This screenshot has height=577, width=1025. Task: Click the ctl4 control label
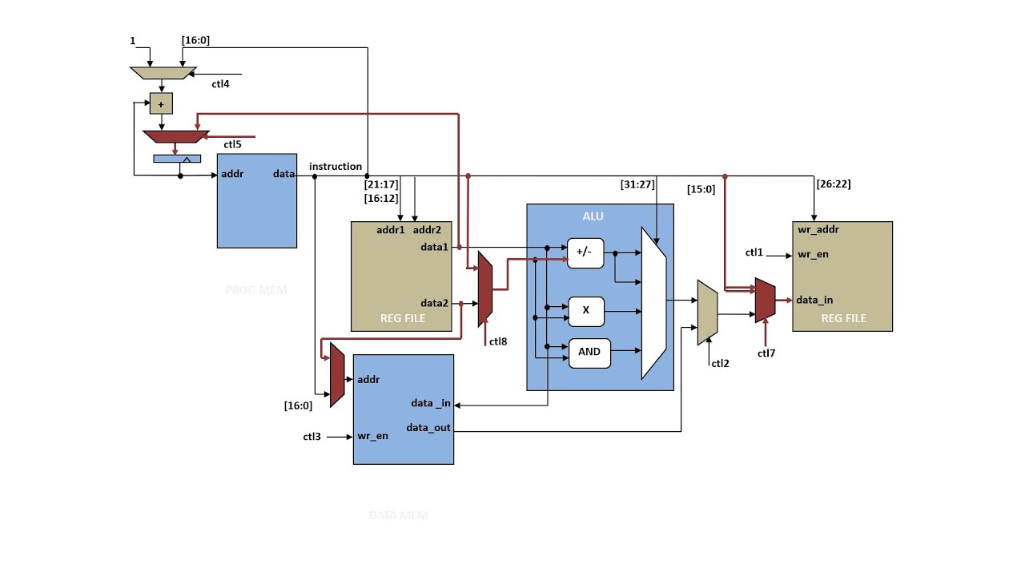coord(221,83)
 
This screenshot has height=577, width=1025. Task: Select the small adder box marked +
coord(161,104)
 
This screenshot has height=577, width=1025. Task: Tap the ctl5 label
coord(232,145)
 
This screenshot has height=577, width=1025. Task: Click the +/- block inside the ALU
coord(585,252)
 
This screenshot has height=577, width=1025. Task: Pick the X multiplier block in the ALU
coord(585,311)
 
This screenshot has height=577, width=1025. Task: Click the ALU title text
coord(593,216)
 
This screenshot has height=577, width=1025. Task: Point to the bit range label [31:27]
coord(637,184)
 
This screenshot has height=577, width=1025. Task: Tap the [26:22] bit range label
coord(834,184)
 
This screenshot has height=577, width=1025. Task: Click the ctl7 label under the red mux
coord(766,352)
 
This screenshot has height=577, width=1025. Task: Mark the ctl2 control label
coord(720,363)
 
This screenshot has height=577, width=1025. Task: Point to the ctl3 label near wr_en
coord(312,437)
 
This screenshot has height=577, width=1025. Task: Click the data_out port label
coord(428,427)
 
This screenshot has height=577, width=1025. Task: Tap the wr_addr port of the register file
coord(818,230)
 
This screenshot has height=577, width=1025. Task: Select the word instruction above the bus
coord(336,167)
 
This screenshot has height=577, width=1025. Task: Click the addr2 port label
coord(427,230)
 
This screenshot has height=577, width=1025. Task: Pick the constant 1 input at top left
coord(132,40)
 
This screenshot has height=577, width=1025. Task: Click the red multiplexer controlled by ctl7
coord(765,301)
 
